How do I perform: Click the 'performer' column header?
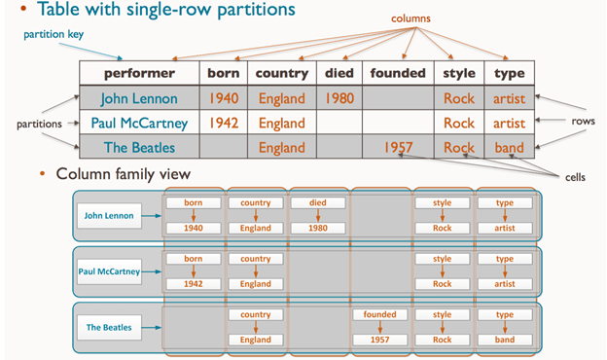pos(139,73)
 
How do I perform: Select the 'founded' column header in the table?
pos(398,73)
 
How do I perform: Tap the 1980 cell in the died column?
pos(339,98)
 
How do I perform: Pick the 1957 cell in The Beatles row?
pos(398,148)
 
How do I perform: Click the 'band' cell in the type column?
pos(509,148)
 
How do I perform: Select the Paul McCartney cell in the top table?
pos(139,124)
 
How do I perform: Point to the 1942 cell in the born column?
pos(224,124)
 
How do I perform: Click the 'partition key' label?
pos(54,34)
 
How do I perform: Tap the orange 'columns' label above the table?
pos(411,18)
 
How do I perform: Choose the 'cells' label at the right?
pos(575,177)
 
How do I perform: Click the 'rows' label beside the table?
pos(583,122)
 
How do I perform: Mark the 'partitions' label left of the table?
pos(39,124)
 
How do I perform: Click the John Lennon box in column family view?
pos(109,216)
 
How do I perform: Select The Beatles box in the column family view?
pos(109,328)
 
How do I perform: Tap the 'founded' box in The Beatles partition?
pos(379,314)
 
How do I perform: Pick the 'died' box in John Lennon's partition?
pos(318,202)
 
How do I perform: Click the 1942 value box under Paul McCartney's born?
pos(194,284)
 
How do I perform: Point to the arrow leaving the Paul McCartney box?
pos(152,271)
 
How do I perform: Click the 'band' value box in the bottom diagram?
pos(505,340)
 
